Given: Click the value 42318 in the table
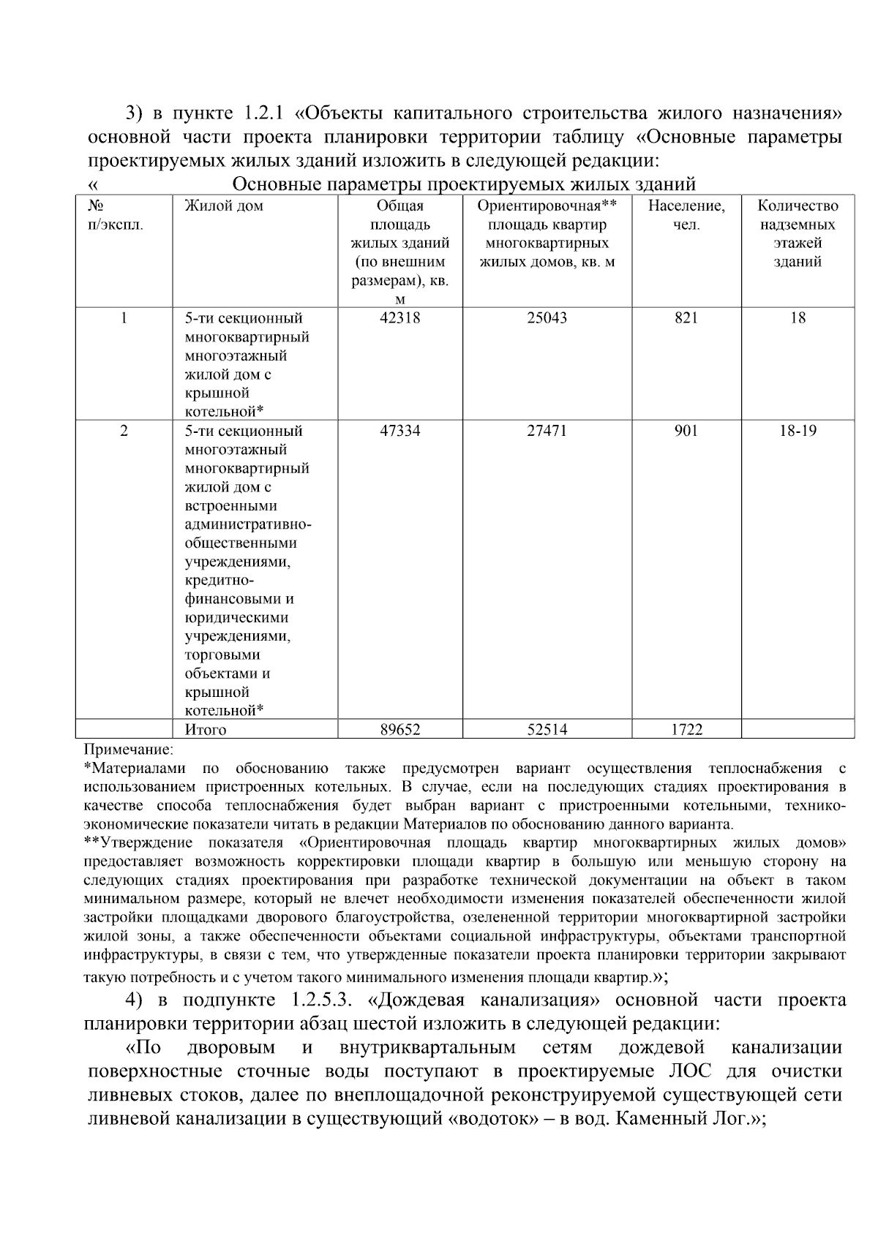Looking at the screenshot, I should [x=399, y=318].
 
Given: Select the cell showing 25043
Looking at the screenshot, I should [x=547, y=318].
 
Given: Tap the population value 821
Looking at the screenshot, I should [x=686, y=318].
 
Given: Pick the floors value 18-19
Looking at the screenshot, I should [x=798, y=431].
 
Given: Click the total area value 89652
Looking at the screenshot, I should [x=399, y=729].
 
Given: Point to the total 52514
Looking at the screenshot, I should [x=547, y=729].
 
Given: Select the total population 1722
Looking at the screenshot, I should [x=686, y=729].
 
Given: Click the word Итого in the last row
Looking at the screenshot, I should [x=206, y=729].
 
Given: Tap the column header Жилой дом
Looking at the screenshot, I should [x=224, y=206].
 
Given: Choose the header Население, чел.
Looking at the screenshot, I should [x=686, y=215].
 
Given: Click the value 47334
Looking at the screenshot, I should [x=399, y=431].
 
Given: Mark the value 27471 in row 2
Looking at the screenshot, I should [x=547, y=431].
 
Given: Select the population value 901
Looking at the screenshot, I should [x=686, y=431].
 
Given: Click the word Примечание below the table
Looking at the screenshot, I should [x=129, y=749].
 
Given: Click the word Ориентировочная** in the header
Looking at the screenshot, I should [x=547, y=206].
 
